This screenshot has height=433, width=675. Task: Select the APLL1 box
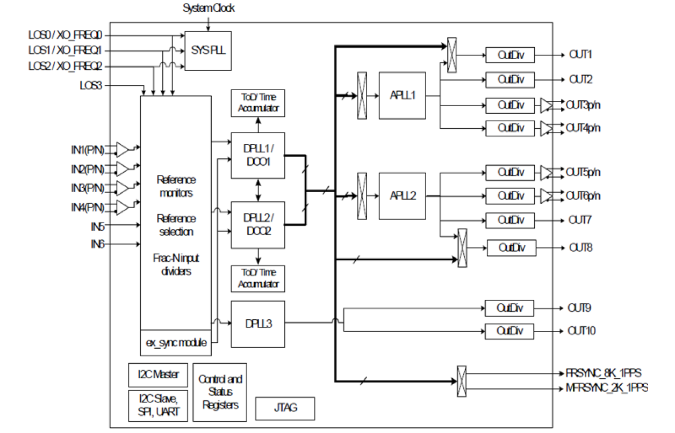pos(402,96)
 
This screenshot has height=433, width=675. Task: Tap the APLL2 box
pos(402,195)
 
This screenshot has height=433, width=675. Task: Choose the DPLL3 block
pos(257,324)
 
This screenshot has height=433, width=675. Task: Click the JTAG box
pos(284,408)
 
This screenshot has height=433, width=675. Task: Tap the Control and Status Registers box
pos(220,392)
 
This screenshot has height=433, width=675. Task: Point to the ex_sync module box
pos(175,342)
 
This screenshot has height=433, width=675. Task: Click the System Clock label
pos(209,8)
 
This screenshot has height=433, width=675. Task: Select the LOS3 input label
pos(90,85)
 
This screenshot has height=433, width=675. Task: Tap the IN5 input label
pos(97,226)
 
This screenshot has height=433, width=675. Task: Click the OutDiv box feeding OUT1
pos(510,55)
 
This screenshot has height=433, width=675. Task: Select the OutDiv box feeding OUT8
pos(511,248)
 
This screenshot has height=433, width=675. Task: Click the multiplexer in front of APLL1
pos(362,96)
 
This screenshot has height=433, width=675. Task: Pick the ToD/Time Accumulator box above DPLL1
pos(257,103)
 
